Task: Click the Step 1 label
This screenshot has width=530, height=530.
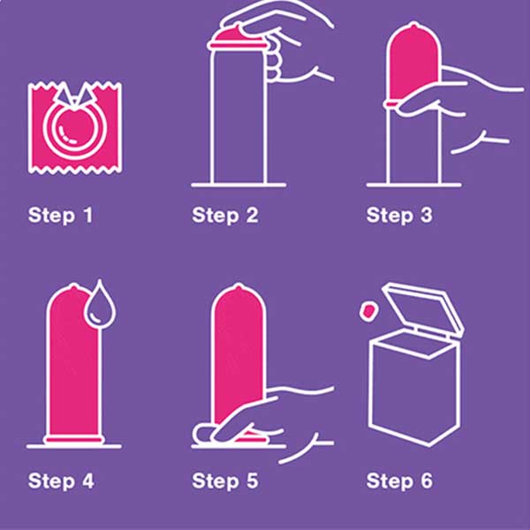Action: coord(60,216)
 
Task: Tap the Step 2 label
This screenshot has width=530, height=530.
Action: coord(225,216)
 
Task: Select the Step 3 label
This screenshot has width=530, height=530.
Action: coord(399,216)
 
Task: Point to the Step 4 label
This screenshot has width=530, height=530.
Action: coord(61,481)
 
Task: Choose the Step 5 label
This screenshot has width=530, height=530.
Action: coord(225,481)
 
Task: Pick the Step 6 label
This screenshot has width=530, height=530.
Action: coord(399,481)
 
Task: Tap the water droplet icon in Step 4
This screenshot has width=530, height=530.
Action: coord(99,306)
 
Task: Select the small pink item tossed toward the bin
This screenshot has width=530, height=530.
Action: coord(368,311)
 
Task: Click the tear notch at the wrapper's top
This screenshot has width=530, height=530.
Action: coord(74,94)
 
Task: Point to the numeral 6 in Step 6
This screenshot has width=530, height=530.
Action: coord(426,481)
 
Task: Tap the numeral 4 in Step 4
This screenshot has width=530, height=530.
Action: coord(87,481)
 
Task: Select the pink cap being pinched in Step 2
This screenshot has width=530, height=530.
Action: coord(236,37)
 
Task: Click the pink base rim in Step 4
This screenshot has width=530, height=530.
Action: coord(74,439)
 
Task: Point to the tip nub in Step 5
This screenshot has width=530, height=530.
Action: coord(238,287)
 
